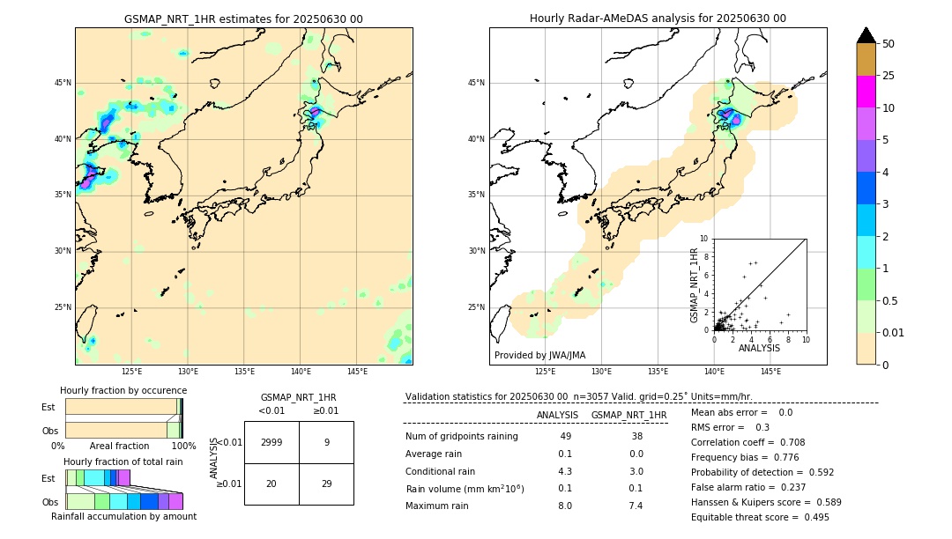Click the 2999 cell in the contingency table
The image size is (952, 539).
coord(271,443)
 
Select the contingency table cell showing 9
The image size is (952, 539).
coord(326,443)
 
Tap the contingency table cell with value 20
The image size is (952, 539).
coord(271,484)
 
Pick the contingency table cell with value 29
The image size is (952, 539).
coord(326,484)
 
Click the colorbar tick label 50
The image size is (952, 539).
coord(889,44)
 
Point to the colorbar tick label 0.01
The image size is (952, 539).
coord(894,332)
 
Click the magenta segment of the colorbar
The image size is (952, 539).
coord(866,92)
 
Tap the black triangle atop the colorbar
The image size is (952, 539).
coord(866,35)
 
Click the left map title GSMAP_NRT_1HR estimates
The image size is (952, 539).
coord(243,18)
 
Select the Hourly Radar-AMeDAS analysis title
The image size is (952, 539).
coord(658,18)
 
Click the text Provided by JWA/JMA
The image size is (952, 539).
coord(539,355)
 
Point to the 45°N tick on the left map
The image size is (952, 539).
coord(63,83)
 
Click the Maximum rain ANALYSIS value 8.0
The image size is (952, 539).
coord(565,506)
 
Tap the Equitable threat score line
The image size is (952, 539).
coord(760,517)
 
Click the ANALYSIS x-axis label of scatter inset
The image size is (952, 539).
coord(759,348)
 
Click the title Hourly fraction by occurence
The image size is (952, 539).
coord(123,390)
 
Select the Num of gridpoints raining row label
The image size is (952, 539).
coord(461,436)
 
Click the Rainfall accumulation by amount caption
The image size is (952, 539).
coord(123,516)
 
